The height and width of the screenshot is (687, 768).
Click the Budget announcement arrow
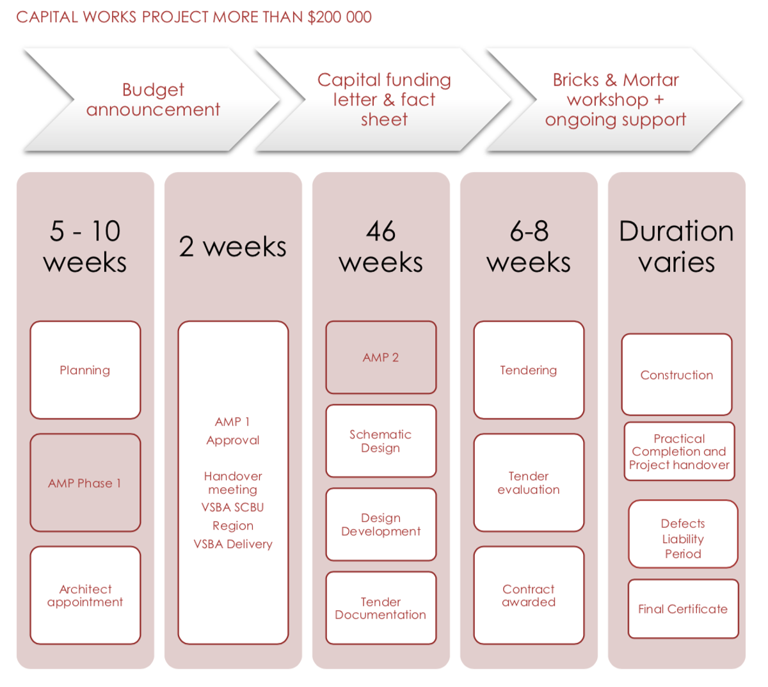coord(152,100)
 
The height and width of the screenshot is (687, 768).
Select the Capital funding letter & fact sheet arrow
coord(383,100)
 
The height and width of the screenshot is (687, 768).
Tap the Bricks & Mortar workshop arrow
coord(615,100)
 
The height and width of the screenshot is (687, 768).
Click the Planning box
coord(85,370)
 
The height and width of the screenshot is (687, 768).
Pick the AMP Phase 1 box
coord(85,483)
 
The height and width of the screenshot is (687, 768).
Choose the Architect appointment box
coord(85,596)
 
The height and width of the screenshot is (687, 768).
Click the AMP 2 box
coord(381,358)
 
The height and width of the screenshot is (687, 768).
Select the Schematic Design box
coord(381,441)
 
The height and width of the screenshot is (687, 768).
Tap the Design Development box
coord(381,524)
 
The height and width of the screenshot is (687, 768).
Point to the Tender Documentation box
coord(381,608)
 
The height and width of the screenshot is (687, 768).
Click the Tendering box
coord(529,370)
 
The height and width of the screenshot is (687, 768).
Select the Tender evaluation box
coord(529,483)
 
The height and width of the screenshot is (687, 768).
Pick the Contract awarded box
coord(529,596)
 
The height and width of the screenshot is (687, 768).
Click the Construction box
coord(676,374)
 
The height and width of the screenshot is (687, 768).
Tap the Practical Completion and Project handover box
coord(679,452)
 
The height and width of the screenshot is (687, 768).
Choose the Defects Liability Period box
coord(683,534)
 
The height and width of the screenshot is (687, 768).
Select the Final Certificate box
coord(683,608)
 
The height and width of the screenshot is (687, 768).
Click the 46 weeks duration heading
coord(381,246)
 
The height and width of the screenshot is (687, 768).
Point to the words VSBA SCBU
coord(232,507)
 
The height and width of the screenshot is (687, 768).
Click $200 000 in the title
coord(339,17)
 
